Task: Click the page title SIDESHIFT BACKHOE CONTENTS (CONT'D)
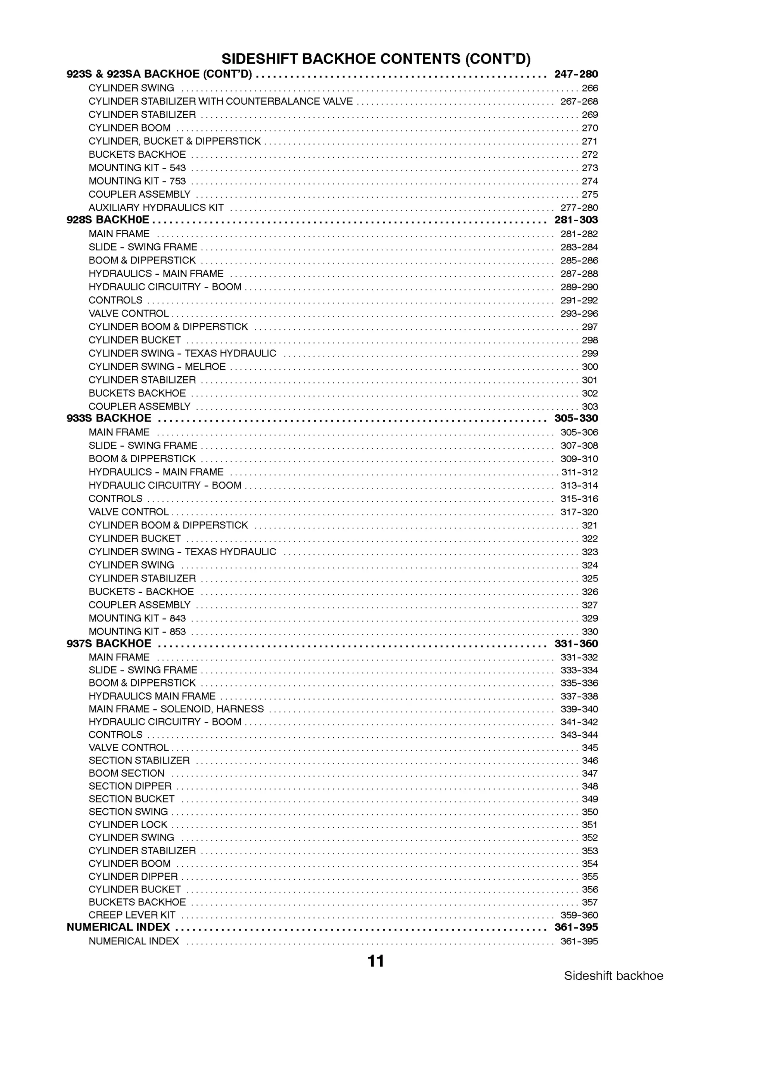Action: click(376, 59)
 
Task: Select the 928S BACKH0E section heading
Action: click(108, 220)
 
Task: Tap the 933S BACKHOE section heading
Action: click(109, 419)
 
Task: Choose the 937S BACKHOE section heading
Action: click(109, 644)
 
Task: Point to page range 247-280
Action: click(576, 74)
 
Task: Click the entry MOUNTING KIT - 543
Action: click(137, 168)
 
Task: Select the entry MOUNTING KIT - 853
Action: click(137, 632)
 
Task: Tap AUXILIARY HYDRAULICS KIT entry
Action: click(156, 207)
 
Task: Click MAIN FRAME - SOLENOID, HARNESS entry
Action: click(176, 709)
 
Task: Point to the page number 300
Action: click(590, 367)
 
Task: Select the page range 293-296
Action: click(579, 314)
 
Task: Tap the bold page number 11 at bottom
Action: click(376, 961)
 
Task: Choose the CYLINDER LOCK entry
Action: click(128, 824)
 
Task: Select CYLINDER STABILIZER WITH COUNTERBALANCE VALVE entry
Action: click(221, 101)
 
